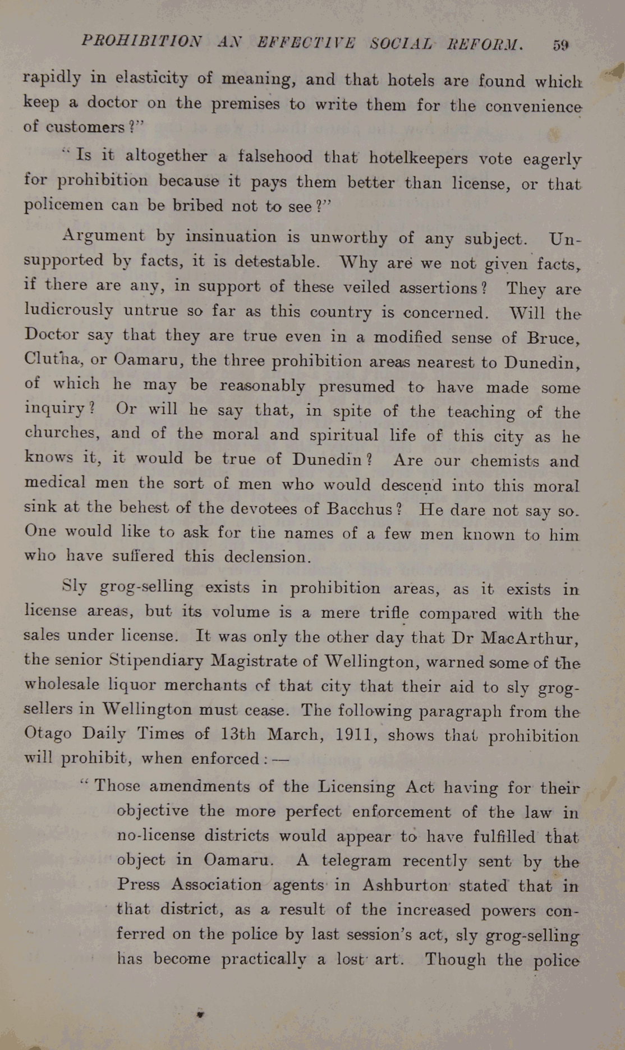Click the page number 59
(560, 45)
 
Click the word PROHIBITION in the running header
(141, 41)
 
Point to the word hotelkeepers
(418, 158)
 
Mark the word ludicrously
(68, 309)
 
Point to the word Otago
(48, 733)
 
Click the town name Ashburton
(405, 885)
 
